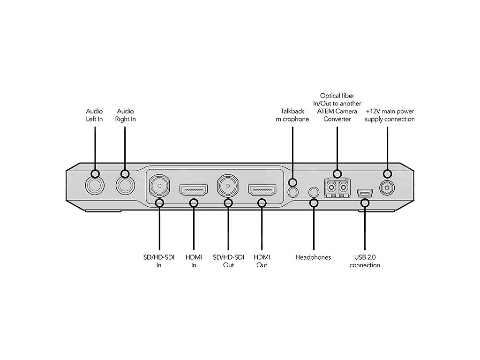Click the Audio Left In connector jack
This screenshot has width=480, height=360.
(x=95, y=186)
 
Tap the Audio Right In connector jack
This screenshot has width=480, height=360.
(x=125, y=186)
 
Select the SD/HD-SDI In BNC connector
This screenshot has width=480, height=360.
(x=159, y=185)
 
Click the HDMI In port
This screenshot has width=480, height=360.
(x=194, y=190)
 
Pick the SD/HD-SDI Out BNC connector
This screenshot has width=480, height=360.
(x=228, y=185)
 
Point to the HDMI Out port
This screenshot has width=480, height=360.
(x=262, y=190)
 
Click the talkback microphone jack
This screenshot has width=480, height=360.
(x=293, y=192)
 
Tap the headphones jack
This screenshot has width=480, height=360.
(x=314, y=192)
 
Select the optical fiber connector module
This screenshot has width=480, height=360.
(x=337, y=188)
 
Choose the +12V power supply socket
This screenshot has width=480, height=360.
(x=387, y=188)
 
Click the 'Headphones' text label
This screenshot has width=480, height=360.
(x=313, y=257)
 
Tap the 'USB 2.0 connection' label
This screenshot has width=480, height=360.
(x=365, y=261)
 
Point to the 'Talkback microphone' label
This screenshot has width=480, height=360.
(x=292, y=115)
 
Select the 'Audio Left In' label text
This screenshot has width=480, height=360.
(x=94, y=115)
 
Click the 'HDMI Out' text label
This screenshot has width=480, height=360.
(x=262, y=261)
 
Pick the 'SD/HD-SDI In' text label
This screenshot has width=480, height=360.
(x=159, y=261)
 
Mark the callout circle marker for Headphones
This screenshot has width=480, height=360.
(x=314, y=202)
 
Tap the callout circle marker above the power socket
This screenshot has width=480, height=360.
(x=387, y=174)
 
